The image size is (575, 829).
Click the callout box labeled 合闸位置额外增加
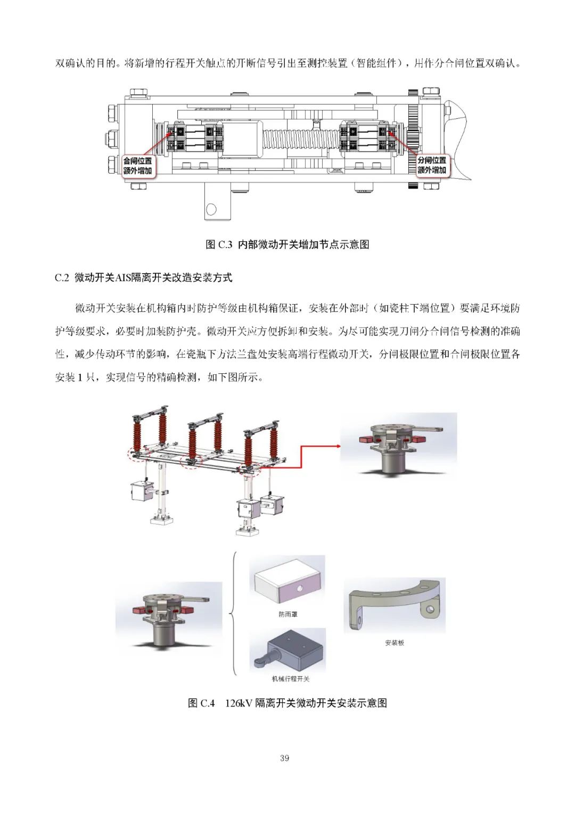[137, 166]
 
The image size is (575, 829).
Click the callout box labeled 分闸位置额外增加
[432, 165]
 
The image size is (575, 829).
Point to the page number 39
[284, 758]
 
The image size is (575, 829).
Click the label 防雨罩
[288, 614]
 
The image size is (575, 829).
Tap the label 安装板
[395, 643]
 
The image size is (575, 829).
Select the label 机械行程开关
[290, 679]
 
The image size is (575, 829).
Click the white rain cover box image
[287, 581]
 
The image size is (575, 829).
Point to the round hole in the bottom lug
[211, 209]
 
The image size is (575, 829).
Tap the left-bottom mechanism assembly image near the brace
[168, 618]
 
